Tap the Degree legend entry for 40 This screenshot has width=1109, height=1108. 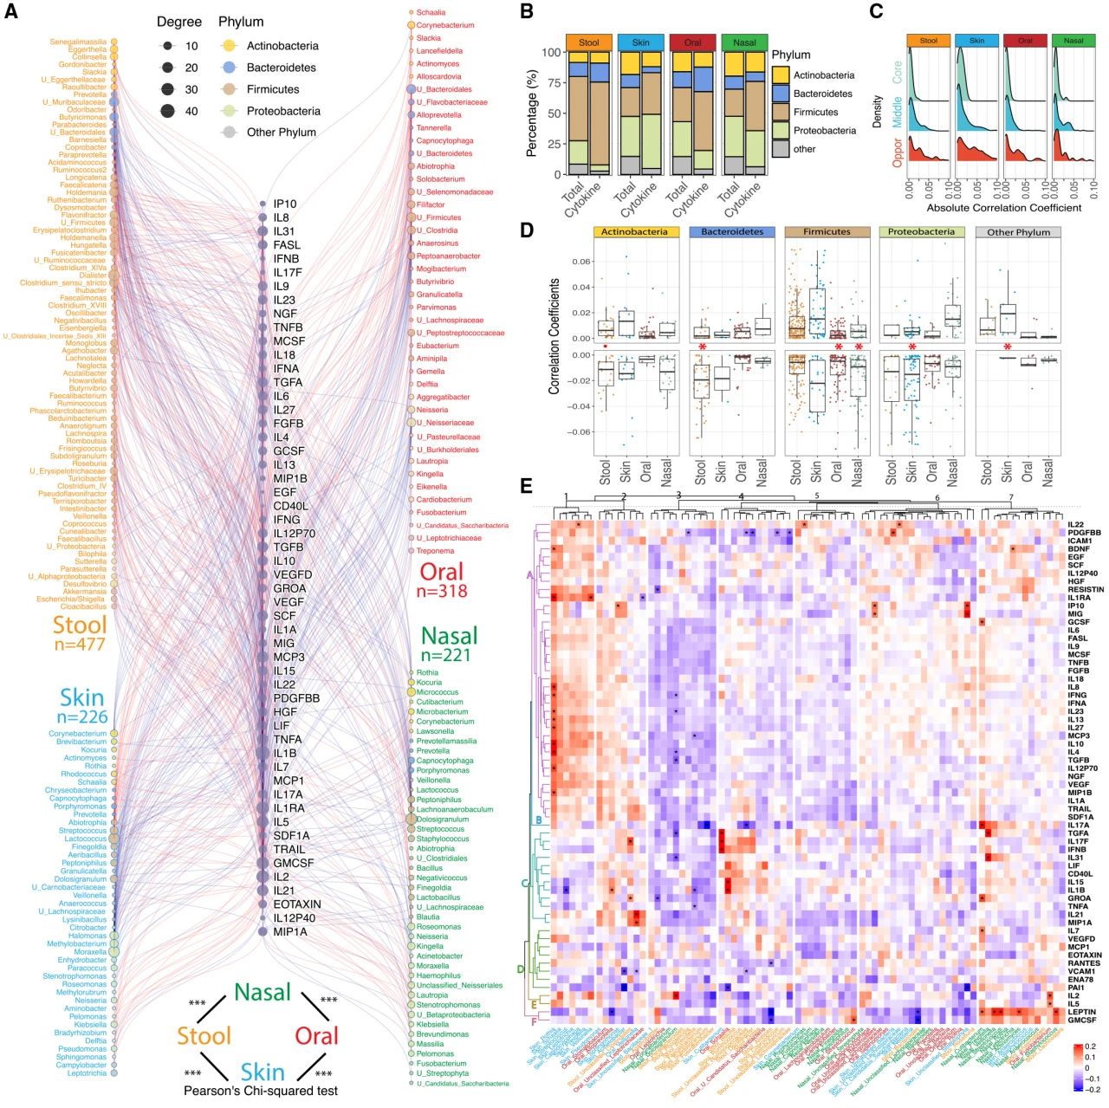tap(191, 111)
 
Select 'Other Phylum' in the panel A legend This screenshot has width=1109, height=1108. tap(281, 133)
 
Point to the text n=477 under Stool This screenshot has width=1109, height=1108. tap(79, 645)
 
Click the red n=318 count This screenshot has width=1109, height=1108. tap(442, 591)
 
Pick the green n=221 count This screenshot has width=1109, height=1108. tap(445, 656)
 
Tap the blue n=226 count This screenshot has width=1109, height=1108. tap(82, 717)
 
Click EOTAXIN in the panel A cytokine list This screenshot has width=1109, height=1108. tap(297, 904)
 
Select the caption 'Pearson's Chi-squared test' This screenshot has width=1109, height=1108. tap(261, 1091)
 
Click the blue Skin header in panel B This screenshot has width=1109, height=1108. tap(640, 42)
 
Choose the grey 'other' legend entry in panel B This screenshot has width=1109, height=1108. tap(805, 149)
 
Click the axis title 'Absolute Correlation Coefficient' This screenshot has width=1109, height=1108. tap(1003, 208)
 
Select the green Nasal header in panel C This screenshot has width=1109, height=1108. tap(1073, 41)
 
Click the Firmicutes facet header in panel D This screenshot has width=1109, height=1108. tap(827, 232)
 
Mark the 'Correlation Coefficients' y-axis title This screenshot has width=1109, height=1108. tap(554, 337)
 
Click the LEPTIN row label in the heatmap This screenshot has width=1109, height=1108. tap(1081, 1012)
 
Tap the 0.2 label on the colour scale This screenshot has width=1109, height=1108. tap(1090, 1046)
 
